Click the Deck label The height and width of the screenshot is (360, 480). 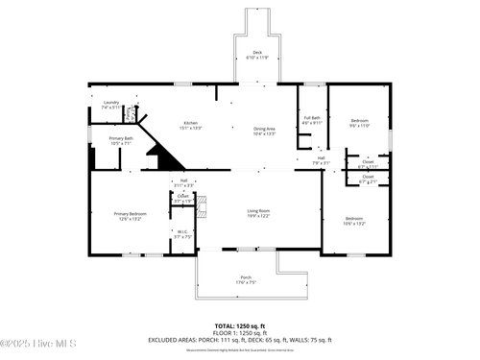pos(256,52)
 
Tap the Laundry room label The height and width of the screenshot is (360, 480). pos(111,102)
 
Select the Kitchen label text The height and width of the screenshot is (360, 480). pos(191,123)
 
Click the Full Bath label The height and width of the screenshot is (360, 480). pos(312,118)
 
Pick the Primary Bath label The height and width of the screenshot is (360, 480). pos(121,139)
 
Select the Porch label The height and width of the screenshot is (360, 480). pos(247,279)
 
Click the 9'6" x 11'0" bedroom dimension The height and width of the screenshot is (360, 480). pos(359,125)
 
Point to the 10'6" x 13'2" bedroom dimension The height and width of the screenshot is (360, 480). pos(354,224)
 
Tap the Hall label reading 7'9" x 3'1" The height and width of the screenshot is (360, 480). pos(322,162)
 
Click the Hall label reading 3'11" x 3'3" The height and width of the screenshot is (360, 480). pos(182,182)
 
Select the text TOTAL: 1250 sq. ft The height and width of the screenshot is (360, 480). pos(240,325)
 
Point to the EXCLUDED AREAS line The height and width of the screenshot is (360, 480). pos(240,339)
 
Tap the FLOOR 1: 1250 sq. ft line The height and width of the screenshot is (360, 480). pos(240,332)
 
